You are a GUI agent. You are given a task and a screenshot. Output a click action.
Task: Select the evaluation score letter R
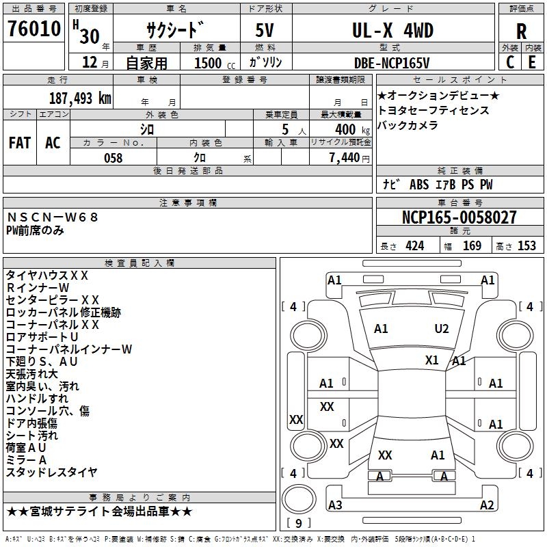point(521,31)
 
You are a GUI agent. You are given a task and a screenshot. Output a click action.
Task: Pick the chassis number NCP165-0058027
point(459,217)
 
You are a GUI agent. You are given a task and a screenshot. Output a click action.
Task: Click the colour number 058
point(113,158)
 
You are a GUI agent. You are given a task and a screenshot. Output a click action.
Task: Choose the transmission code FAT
point(20,142)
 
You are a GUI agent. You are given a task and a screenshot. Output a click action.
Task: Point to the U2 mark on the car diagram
point(442,329)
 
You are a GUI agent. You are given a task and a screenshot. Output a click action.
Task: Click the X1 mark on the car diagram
point(432,360)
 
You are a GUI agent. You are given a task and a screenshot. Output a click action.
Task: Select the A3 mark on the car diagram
point(335,505)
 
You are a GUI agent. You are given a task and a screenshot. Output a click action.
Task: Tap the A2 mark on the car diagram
point(487,505)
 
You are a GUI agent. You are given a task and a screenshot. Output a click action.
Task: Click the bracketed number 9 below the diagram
point(298,524)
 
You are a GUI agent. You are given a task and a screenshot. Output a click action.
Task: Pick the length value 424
point(414,246)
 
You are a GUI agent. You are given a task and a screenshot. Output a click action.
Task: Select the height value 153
point(526,246)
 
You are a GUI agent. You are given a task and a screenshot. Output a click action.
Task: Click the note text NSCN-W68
point(53,217)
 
